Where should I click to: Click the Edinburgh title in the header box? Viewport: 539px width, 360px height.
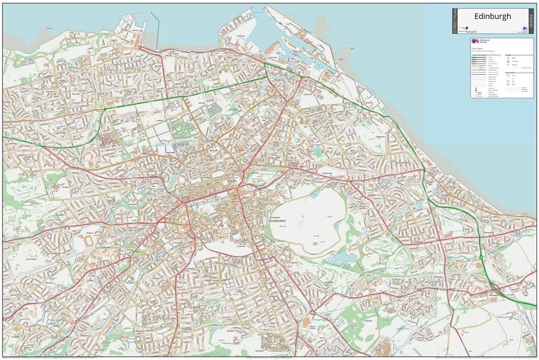pyautogui.click(x=493, y=16)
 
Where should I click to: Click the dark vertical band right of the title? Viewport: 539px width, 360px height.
pyautogui.click(x=531, y=21)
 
